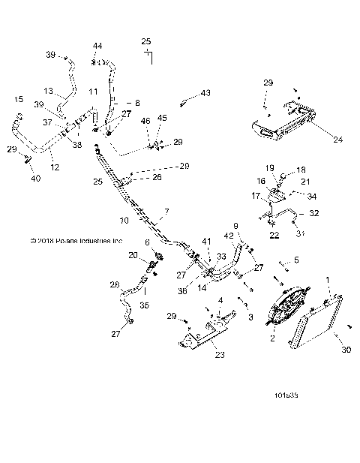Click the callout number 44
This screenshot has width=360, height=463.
[x=97, y=47]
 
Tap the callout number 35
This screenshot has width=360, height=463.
[x=145, y=306]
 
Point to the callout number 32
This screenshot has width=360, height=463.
[x=313, y=213]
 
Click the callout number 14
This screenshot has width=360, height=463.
[x=203, y=287]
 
